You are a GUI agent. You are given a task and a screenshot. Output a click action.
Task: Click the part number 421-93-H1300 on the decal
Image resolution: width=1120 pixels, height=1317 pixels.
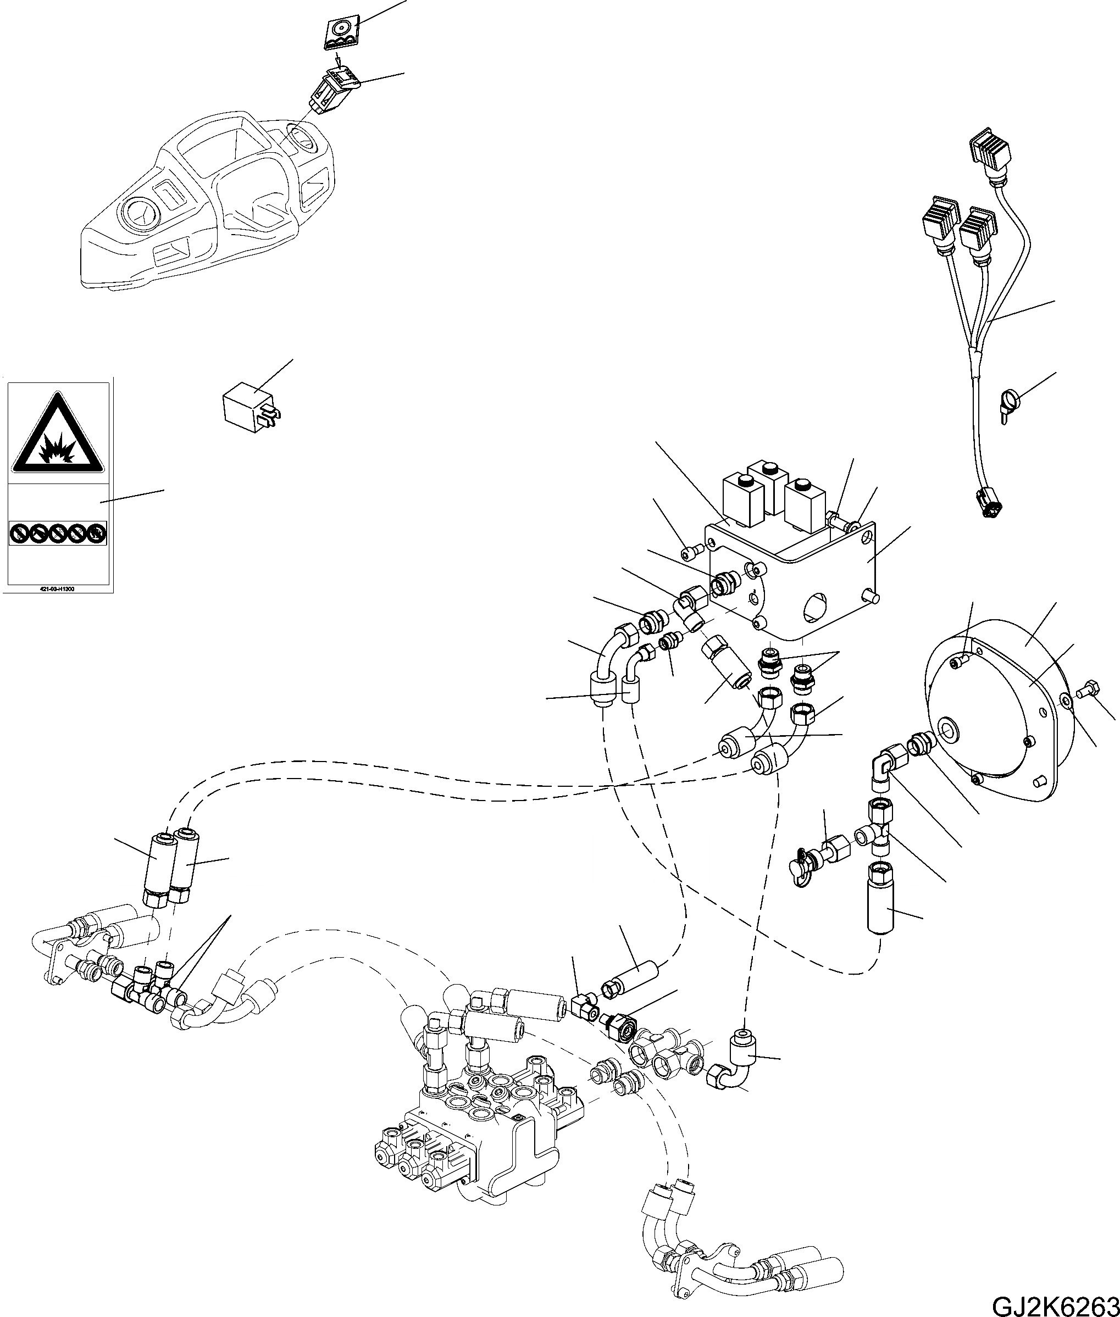click(x=57, y=588)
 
